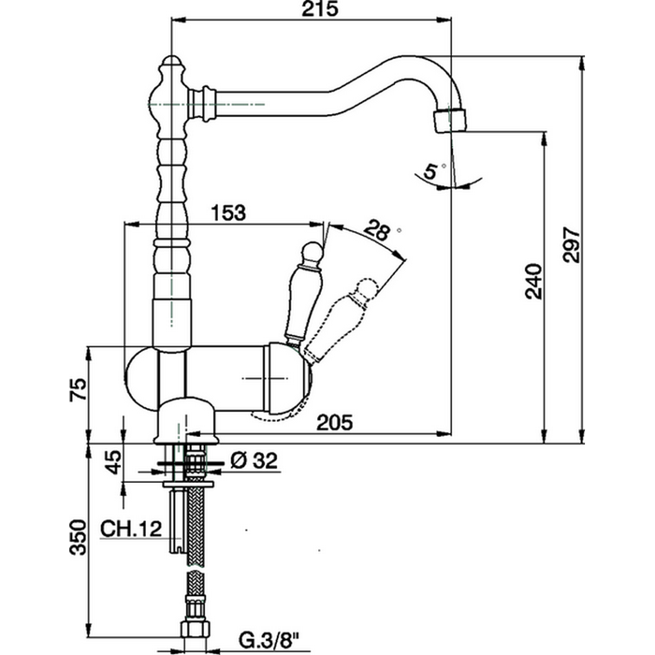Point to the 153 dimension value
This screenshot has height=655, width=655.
(227, 212)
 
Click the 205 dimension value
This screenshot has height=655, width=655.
(333, 422)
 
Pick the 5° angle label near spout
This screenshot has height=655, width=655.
(429, 171)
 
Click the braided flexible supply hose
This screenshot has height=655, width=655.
(196, 552)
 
